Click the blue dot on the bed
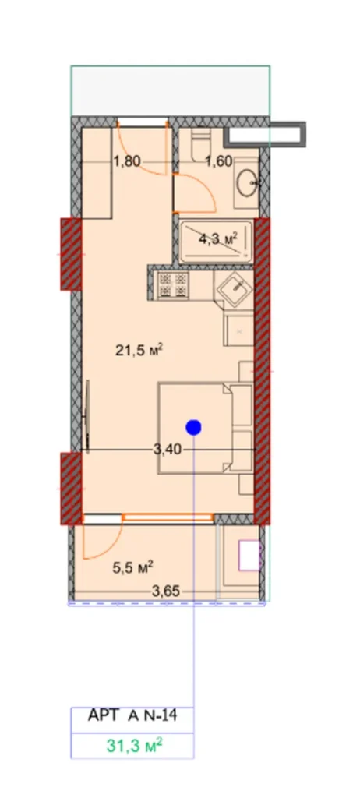(193, 425)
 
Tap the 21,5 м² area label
(132, 351)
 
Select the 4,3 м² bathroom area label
(217, 239)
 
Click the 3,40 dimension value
(169, 450)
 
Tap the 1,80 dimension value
(128, 162)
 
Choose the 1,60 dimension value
(219, 162)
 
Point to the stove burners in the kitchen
(171, 286)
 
